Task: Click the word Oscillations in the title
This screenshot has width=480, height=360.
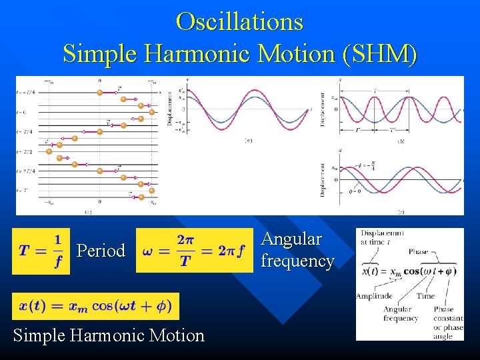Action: pyautogui.click(x=239, y=21)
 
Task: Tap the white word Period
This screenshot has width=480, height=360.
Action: pyautogui.click(x=101, y=251)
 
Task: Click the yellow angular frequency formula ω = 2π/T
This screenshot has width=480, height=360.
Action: pyautogui.click(x=194, y=251)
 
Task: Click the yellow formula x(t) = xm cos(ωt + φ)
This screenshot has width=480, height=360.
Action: pyautogui.click(x=95, y=306)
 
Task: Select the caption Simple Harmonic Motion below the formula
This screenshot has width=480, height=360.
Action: pyautogui.click(x=109, y=335)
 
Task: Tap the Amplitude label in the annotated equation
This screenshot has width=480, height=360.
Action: pyautogui.click(x=373, y=296)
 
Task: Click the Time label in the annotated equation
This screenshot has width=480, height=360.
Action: pyautogui.click(x=425, y=296)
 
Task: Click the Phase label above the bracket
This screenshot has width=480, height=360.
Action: pyautogui.click(x=419, y=252)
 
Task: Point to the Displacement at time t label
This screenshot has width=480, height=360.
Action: pyautogui.click(x=382, y=237)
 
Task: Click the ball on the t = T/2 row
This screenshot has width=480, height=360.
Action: pyautogui.click(x=49, y=151)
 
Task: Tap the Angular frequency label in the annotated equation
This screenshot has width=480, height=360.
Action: pyautogui.click(x=401, y=314)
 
